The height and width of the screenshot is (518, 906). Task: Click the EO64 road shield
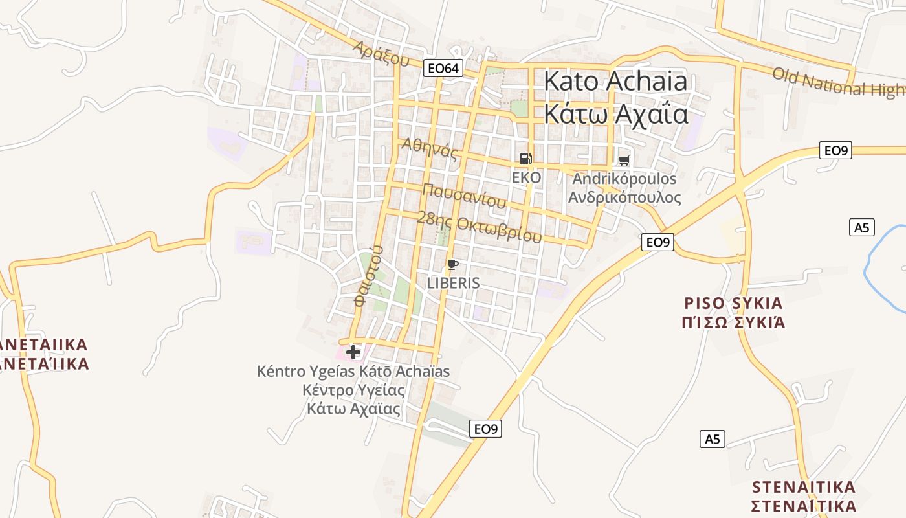click(x=443, y=67)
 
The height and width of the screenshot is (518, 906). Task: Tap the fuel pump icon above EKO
click(x=525, y=159)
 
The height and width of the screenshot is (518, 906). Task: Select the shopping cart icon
click(x=624, y=160)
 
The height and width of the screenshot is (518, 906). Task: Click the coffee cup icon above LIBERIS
click(x=453, y=264)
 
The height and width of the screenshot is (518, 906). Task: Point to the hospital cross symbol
click(x=353, y=352)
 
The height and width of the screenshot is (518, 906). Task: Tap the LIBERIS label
click(x=453, y=283)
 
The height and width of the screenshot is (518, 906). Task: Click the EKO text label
click(x=526, y=177)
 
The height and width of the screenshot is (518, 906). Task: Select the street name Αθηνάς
click(x=430, y=149)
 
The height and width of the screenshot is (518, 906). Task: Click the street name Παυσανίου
click(x=464, y=195)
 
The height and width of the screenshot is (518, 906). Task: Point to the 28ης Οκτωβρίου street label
click(x=479, y=227)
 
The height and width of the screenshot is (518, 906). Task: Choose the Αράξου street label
click(x=382, y=54)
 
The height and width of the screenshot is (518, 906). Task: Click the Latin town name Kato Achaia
click(x=615, y=82)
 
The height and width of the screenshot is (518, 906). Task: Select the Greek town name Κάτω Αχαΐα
click(x=615, y=113)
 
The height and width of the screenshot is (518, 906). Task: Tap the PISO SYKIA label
click(x=733, y=303)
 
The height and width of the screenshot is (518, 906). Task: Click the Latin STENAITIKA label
click(x=804, y=486)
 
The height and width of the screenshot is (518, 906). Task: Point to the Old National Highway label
click(x=838, y=82)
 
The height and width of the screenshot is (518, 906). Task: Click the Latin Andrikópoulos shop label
click(x=624, y=179)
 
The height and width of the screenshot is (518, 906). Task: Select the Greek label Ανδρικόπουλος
click(x=624, y=197)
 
